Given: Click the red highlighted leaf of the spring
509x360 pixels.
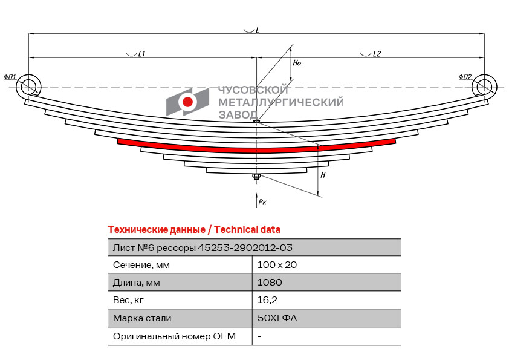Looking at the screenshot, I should pos(256,147).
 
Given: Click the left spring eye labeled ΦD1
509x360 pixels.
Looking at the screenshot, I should pos(28,87).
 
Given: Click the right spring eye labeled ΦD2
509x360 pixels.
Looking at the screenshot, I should pos(484,87).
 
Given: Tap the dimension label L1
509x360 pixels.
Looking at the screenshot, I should pos(141,54).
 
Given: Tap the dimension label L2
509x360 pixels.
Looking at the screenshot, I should pos(377,54).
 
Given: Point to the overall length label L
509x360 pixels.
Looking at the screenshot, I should pos(257,30).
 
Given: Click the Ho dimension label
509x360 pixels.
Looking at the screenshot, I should pos(296,63).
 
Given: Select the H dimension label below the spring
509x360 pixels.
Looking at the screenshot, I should pos(323,175).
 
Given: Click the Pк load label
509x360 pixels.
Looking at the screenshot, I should pos(262,202).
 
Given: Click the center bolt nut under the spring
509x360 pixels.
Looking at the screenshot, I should pos(256,177).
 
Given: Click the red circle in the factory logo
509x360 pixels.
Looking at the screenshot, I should pos(188,102).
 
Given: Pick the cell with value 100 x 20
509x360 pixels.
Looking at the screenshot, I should pos(277,264).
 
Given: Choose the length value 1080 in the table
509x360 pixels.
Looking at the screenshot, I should pos(270,282).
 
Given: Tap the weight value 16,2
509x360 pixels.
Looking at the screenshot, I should pos(267,299).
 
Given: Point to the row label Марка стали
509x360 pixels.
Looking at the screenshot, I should pos(142,318).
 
